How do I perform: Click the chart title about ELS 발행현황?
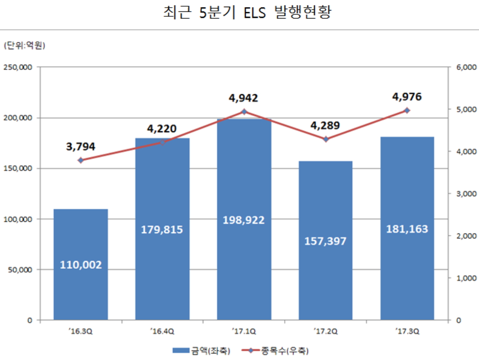coord(247,13)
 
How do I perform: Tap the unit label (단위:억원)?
coord(24,46)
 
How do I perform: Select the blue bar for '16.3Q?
coord(81,264)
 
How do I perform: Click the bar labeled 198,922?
coord(244,251)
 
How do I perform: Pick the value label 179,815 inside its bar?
coord(162,230)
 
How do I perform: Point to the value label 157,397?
coord(325,241)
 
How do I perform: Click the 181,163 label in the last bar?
coord(407,229)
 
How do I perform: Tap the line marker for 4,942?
coord(244,112)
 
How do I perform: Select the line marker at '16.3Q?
coord(81,160)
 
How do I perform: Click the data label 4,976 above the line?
coord(407,97)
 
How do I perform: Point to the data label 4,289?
coord(325,125)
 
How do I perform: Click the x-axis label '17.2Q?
coord(325,332)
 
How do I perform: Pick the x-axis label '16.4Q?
coord(162,332)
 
